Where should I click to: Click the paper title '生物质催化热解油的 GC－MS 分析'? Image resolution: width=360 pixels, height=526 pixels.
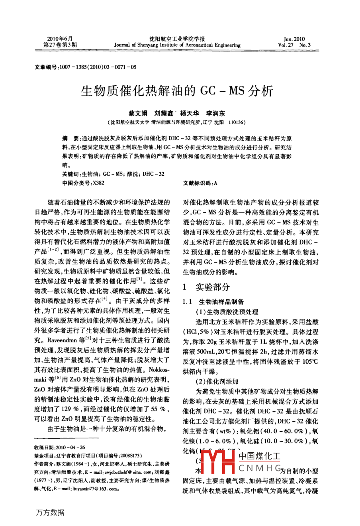[177, 91]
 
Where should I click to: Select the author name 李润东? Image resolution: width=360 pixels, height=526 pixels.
[215, 114]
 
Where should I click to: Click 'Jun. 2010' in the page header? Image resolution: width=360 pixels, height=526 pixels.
[294, 39]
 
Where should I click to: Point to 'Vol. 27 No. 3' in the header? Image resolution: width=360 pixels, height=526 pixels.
[294, 45]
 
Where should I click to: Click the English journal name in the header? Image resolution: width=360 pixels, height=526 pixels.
[177, 45]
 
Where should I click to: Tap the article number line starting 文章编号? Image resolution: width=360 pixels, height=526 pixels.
[86, 67]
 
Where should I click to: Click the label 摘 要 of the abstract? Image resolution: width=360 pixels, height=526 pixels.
[71, 139]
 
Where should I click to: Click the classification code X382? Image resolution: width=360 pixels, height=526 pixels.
[98, 183]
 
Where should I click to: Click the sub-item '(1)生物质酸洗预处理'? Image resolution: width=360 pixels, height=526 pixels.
[227, 312]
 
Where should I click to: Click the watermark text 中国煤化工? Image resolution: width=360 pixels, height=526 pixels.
[259, 457]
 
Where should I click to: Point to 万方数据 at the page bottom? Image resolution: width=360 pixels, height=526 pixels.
[50, 512]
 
